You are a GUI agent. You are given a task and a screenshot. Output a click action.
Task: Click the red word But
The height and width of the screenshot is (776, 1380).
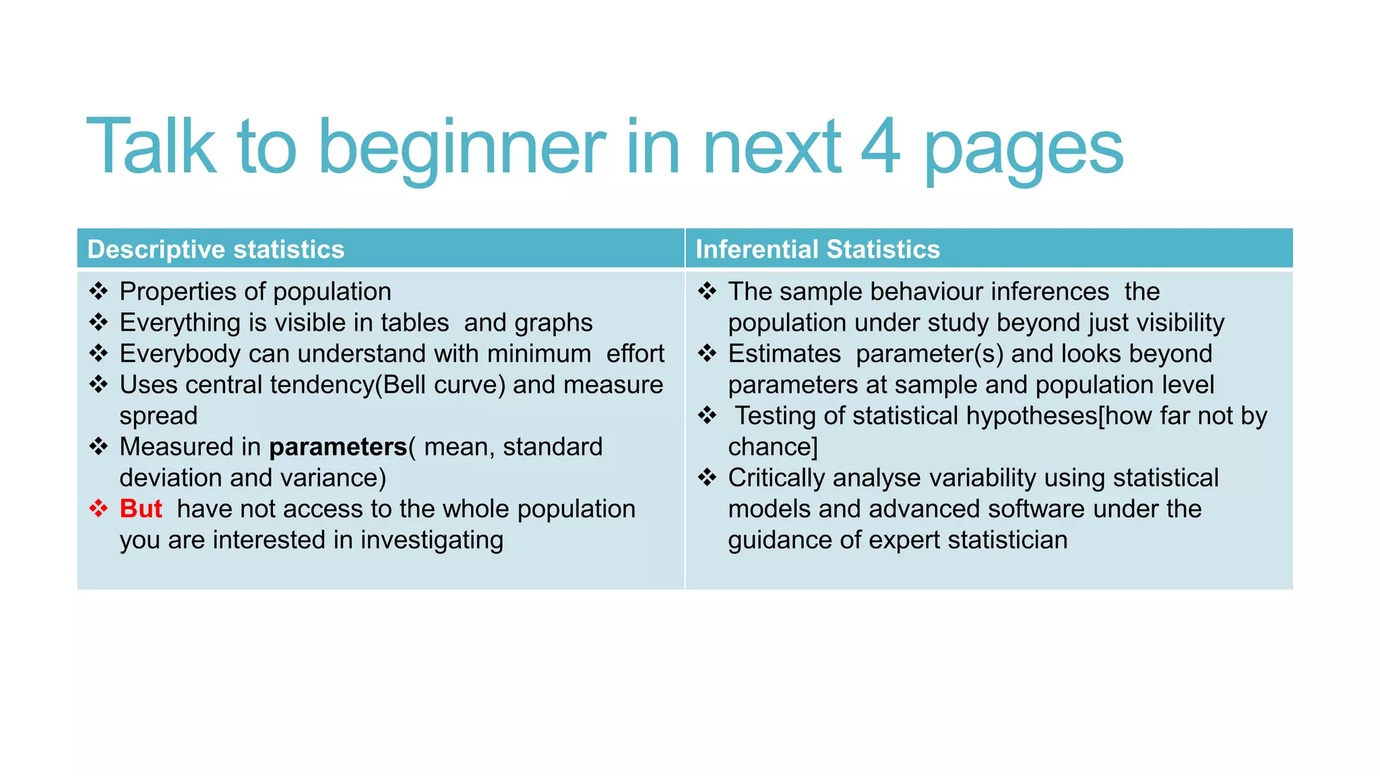[141, 509]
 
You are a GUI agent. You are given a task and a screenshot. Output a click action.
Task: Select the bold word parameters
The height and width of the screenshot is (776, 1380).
[338, 447]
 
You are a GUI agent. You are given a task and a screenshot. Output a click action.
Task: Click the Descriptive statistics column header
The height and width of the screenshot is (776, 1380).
[216, 249]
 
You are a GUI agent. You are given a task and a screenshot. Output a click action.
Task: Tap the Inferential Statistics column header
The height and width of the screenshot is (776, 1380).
[817, 249]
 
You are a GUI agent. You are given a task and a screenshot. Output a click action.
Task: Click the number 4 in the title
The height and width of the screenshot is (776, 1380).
[880, 146]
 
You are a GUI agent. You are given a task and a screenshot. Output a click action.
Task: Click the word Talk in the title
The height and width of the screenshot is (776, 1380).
[151, 146]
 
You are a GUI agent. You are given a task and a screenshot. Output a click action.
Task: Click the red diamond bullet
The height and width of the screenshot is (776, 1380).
[99, 509]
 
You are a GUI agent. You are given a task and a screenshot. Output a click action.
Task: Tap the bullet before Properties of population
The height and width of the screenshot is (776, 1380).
[99, 291]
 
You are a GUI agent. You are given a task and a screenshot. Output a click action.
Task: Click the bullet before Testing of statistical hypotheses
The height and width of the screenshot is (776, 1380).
[707, 416]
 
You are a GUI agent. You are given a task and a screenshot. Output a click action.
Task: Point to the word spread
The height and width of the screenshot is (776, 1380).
[158, 416]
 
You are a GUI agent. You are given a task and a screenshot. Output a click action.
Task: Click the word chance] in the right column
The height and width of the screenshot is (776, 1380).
[772, 447]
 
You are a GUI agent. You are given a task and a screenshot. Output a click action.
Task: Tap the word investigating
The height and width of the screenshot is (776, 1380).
[431, 540]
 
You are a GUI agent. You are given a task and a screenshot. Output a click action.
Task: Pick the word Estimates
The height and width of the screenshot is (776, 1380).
[784, 354]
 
